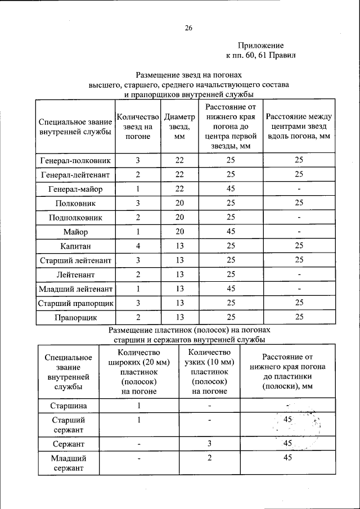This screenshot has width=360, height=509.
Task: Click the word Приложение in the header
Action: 260,46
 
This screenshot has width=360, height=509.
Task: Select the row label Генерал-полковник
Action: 75,160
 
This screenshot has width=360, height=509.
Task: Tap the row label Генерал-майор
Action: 75,189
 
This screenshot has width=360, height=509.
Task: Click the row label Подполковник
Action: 75,217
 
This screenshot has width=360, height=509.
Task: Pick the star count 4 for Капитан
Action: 137,246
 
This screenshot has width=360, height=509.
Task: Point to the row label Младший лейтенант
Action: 75,289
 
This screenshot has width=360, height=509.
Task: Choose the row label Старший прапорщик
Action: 75,303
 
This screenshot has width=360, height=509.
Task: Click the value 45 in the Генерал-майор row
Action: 231,189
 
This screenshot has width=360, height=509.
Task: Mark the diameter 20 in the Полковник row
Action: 179,203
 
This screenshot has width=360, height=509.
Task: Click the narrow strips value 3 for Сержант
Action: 209,444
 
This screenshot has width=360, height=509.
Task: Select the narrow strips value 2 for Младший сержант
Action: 209,458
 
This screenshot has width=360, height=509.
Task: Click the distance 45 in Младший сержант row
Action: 287,458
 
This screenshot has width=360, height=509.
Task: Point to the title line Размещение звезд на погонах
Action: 188,75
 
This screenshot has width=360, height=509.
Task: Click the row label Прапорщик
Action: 75,318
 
